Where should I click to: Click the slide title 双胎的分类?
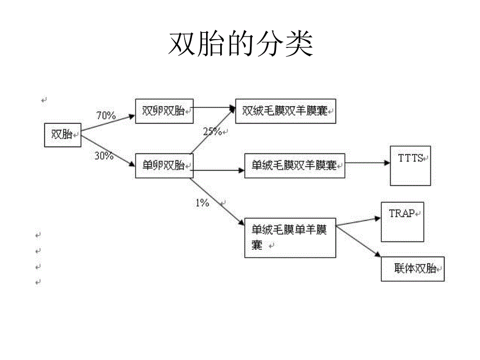(241, 44)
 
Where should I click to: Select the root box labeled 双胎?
(62, 135)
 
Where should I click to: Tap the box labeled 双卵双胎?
(164, 111)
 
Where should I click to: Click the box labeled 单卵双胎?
(164, 165)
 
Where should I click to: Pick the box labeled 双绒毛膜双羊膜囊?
(285, 111)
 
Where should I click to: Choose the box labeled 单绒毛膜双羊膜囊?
(294, 165)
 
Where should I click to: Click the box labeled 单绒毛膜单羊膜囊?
(290, 237)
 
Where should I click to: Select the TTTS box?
(410, 165)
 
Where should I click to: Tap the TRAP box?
(402, 222)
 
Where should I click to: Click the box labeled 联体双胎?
(413, 269)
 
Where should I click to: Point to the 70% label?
(106, 116)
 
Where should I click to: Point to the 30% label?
(104, 155)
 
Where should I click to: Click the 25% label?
(212, 131)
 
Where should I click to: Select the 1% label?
(202, 203)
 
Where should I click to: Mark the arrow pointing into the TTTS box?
(367, 163)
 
